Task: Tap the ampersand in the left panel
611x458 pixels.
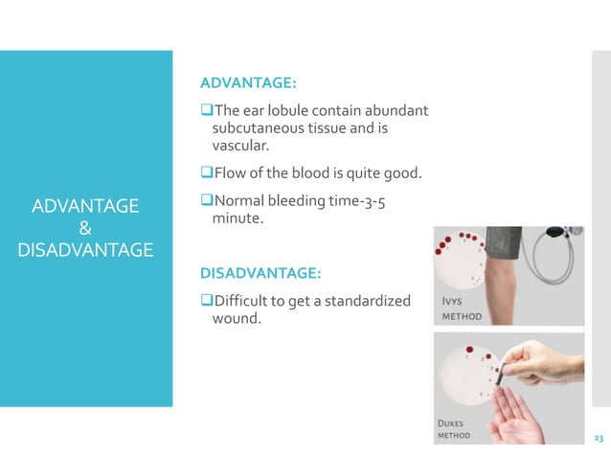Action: pos(84,228)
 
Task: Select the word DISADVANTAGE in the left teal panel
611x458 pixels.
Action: pos(84,250)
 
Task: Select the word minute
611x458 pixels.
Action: pos(235,219)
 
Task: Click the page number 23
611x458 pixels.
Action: pos(599,438)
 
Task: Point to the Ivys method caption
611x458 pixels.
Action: pos(461,308)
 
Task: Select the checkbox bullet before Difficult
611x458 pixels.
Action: pos(204,301)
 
